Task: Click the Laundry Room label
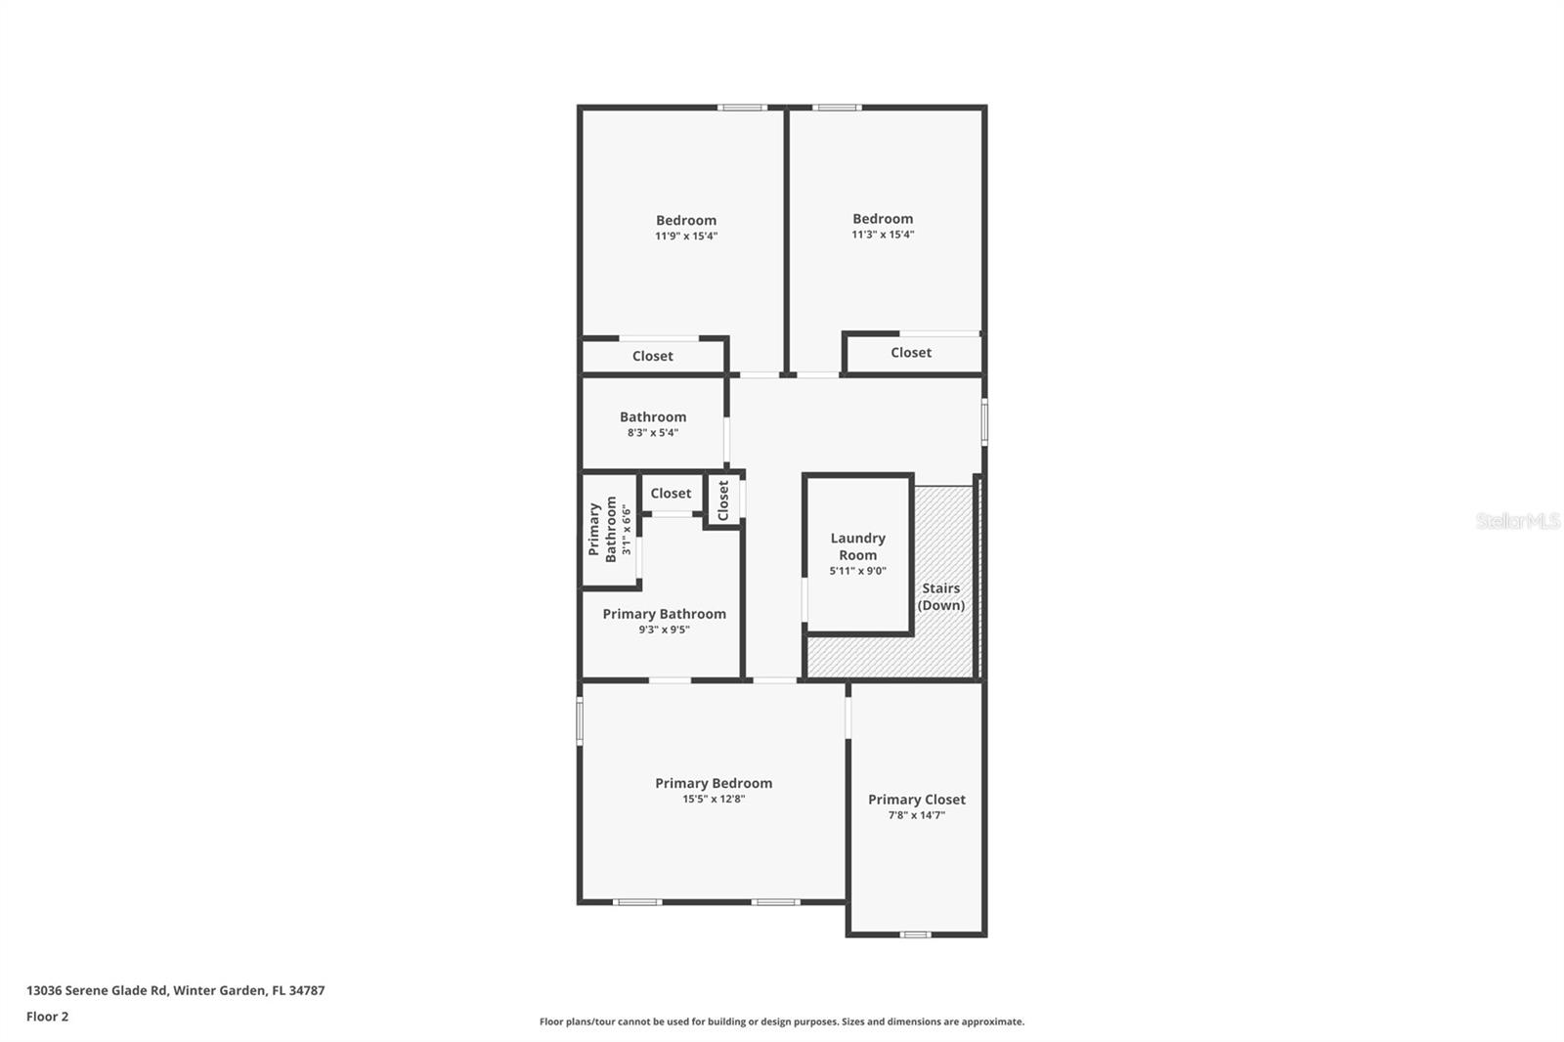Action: point(857,545)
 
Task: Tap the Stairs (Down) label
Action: point(940,596)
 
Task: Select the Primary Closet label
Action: point(916,799)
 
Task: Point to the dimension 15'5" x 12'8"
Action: point(714,799)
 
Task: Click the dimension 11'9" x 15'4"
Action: point(686,236)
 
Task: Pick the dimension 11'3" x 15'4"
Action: point(883,234)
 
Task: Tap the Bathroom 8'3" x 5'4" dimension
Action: point(653,432)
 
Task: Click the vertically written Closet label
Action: point(723,500)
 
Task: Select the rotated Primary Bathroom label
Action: point(602,529)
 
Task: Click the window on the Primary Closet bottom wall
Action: point(916,934)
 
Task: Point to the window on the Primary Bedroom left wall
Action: point(580,720)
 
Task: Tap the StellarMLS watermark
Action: point(1517,521)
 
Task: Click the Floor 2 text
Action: point(47,1016)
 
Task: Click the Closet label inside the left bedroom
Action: point(652,356)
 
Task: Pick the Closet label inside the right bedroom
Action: point(910,352)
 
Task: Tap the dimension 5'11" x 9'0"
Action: point(857,571)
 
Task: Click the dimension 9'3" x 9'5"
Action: point(664,630)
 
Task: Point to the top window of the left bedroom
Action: point(742,108)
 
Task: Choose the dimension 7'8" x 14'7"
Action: point(916,815)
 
